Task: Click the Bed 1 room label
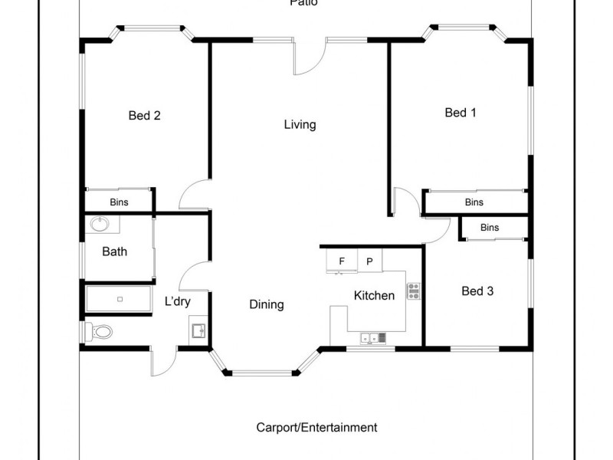point(461,113)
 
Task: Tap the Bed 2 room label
point(144,116)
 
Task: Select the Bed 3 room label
point(477,291)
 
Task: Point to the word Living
point(300,124)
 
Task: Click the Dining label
point(267,304)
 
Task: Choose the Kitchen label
point(374,295)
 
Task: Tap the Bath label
point(114,251)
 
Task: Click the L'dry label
point(177,301)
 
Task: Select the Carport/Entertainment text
point(316,427)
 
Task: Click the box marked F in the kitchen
point(341,261)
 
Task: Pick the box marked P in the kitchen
point(369,261)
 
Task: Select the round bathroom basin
point(100,225)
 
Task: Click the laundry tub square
point(198,331)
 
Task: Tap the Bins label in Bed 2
point(119,202)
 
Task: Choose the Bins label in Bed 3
point(490,228)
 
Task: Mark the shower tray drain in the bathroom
point(120,298)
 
